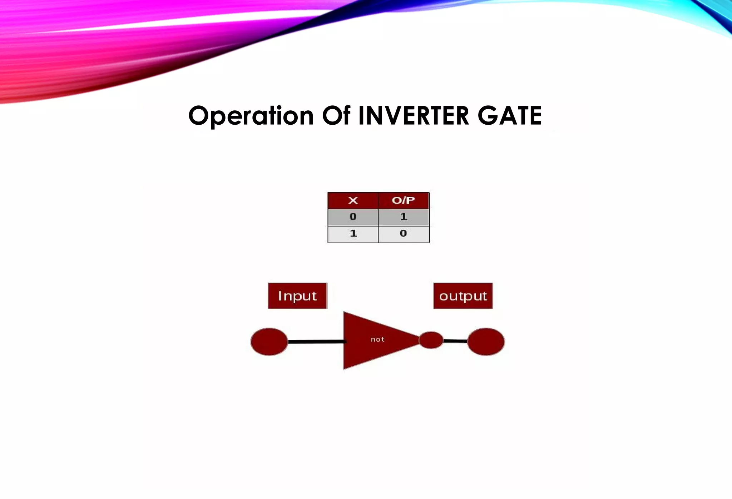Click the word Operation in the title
click(x=251, y=116)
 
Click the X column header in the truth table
click(x=353, y=200)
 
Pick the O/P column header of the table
click(x=404, y=200)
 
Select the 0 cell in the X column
click(x=353, y=217)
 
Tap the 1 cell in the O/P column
click(x=404, y=217)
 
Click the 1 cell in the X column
click(x=353, y=234)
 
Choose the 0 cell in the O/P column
click(x=404, y=234)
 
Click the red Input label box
click(x=297, y=296)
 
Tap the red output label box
click(x=463, y=296)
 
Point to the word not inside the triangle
click(x=377, y=339)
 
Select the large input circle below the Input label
click(x=269, y=341)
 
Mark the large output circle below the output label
click(x=486, y=341)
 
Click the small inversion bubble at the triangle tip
click(x=431, y=340)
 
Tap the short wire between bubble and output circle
click(x=455, y=341)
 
